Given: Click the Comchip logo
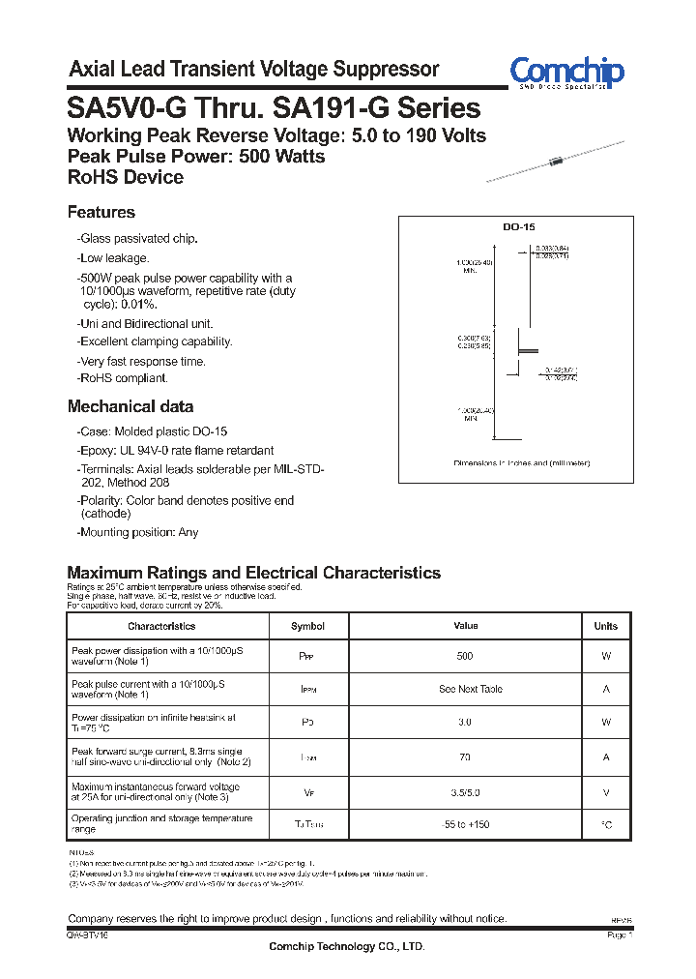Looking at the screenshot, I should [566, 73].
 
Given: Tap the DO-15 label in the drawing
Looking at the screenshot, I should [518, 226].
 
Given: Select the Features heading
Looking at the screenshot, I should [101, 213].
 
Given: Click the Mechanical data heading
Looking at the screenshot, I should [130, 407].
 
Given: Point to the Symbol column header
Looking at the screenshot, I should [307, 626].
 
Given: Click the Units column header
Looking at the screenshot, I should [605, 626].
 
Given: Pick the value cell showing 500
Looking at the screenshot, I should [465, 657].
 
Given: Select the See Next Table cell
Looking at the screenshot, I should [470, 690].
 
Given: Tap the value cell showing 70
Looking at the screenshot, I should [465, 757].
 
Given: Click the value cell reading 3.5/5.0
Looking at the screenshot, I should [465, 791].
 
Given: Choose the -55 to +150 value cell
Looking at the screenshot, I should [465, 825].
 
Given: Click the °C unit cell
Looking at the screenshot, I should [605, 825].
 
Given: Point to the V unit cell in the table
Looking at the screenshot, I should [605, 791].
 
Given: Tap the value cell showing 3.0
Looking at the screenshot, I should [465, 723].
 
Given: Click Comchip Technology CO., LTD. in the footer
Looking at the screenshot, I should [346, 946].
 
